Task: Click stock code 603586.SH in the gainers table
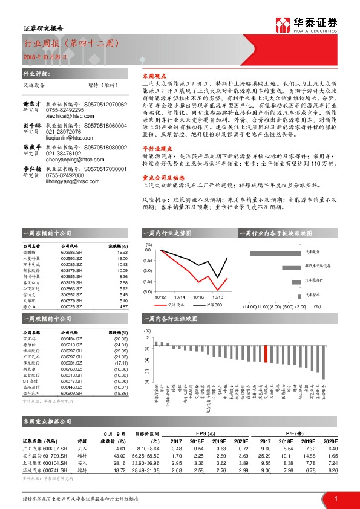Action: pyautogui.click(x=72, y=252)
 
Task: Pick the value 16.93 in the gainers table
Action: pyautogui.click(x=123, y=252)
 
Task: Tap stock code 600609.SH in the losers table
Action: pyautogui.click(x=72, y=393)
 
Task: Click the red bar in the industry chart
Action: pyautogui.click(x=266, y=354)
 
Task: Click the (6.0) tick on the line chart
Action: pyautogui.click(x=148, y=291)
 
